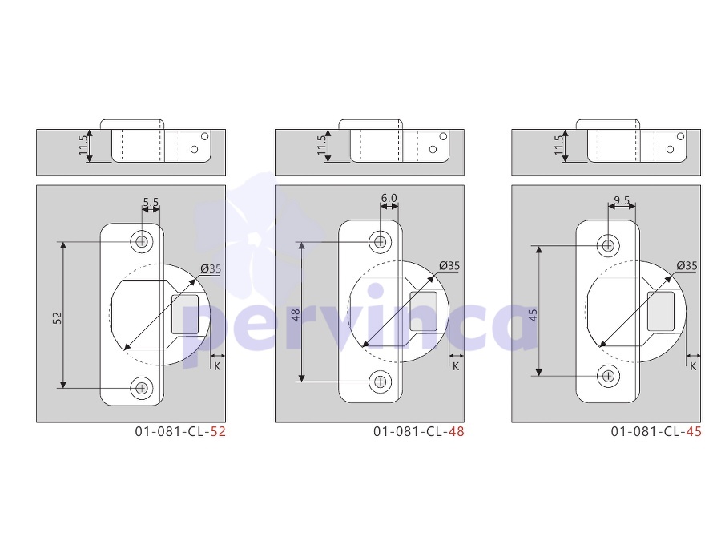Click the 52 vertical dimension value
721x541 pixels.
tap(57, 318)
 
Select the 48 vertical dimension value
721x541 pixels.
tap(296, 315)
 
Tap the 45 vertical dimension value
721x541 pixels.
tap(533, 315)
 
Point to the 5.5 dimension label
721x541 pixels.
tap(151, 202)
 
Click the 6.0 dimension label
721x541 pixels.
tap(389, 198)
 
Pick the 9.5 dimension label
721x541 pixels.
tap(622, 200)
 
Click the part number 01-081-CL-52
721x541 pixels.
tap(180, 431)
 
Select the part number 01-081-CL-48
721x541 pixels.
tap(418, 431)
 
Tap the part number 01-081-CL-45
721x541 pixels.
tap(656, 431)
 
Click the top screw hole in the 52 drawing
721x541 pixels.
tap(142, 241)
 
